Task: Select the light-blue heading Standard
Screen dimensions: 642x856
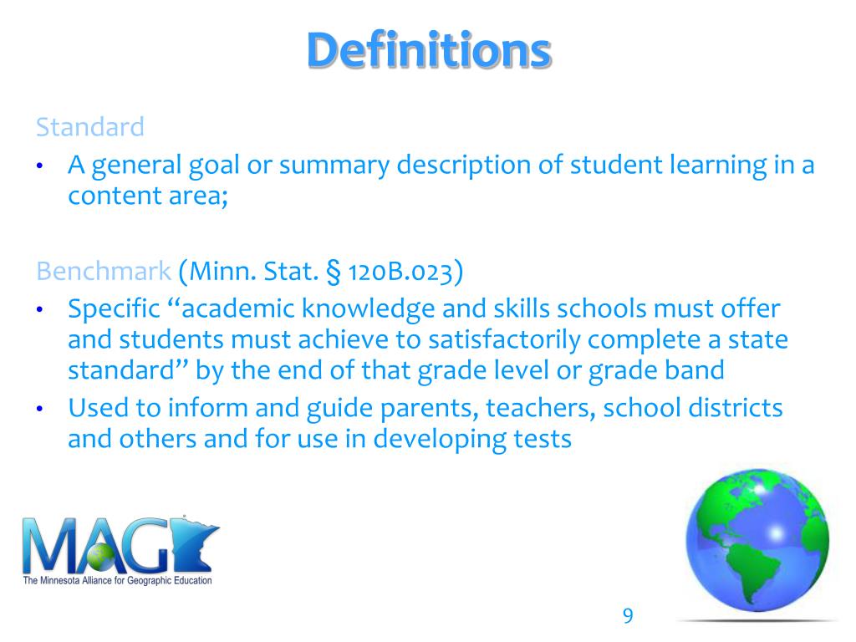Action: [x=89, y=127]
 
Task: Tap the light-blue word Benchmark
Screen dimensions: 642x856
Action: [x=104, y=271]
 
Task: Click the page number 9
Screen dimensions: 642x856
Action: [x=628, y=616]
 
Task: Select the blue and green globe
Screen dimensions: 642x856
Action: [x=757, y=548]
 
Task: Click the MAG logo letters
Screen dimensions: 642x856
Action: [x=117, y=545]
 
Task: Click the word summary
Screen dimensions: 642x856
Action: [x=334, y=166]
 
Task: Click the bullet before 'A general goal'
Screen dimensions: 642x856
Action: [x=38, y=166]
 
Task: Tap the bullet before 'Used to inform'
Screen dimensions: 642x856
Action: [x=38, y=410]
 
